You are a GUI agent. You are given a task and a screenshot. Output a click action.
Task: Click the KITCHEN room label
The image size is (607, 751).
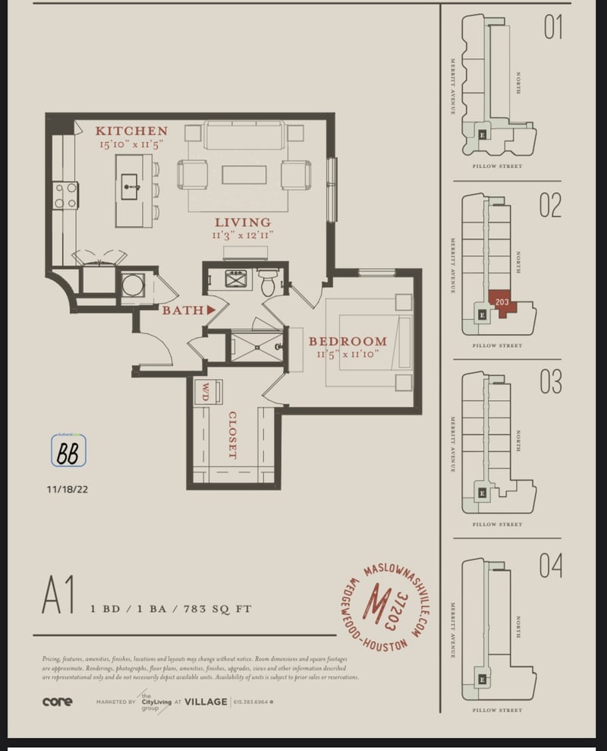(x=131, y=131)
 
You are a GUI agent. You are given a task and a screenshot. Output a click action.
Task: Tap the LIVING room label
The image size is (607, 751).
(x=242, y=222)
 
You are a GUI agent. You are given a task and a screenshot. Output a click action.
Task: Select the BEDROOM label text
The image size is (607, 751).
(x=348, y=342)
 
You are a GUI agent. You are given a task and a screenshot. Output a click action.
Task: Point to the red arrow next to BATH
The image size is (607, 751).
(x=212, y=309)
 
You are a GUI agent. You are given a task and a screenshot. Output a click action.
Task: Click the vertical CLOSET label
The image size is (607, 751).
(x=232, y=434)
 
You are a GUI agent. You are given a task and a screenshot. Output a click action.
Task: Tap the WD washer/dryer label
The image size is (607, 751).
(x=204, y=392)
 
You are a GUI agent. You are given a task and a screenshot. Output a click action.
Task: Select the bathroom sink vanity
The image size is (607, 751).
(x=236, y=281)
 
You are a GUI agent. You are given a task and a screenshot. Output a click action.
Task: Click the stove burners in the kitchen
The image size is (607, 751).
(x=65, y=195)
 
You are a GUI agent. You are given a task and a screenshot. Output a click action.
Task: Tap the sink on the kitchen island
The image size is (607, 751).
(x=130, y=184)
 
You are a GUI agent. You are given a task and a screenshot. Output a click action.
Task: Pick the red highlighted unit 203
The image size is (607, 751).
(x=502, y=303)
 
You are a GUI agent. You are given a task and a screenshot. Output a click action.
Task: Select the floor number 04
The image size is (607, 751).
(x=551, y=566)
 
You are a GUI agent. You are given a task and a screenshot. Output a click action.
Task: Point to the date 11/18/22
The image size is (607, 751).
(x=68, y=490)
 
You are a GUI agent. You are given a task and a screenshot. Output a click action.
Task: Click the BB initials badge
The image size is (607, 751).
(x=68, y=451)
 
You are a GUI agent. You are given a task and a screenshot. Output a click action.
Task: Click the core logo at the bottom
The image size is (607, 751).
(x=58, y=702)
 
